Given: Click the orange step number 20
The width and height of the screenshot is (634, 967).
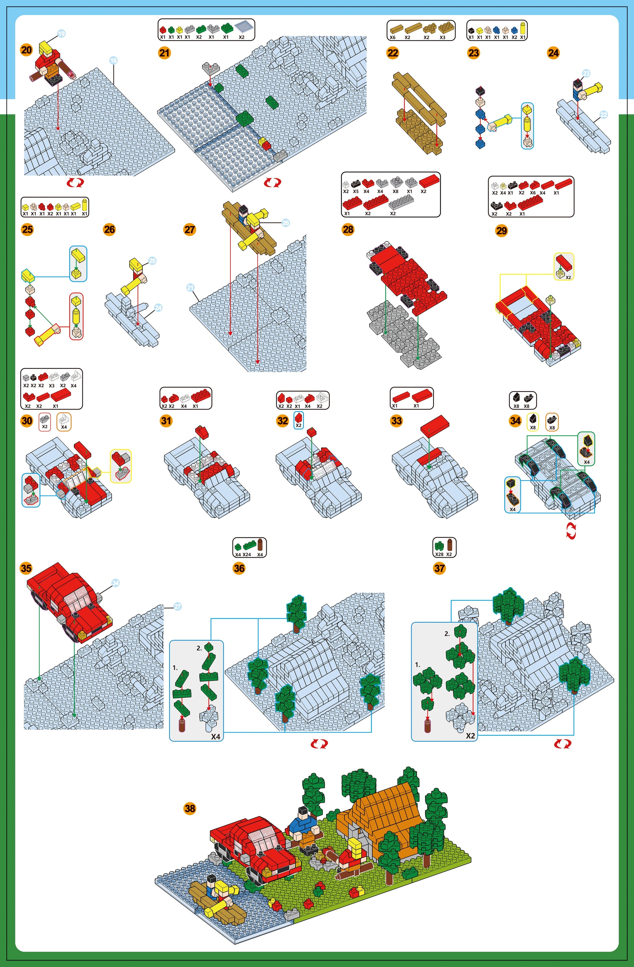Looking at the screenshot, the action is point(26,50).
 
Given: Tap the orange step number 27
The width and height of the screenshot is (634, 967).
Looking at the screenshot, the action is point(190,229).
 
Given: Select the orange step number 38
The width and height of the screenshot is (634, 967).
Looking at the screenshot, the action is point(190,808).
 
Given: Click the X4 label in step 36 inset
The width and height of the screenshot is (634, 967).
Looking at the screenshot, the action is point(216,737).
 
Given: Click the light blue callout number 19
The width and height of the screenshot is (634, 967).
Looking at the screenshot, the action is point(61,34).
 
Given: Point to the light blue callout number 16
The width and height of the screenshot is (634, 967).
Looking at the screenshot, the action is point(113,61).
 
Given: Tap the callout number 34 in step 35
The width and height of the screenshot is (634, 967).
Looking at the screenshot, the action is point(115,583).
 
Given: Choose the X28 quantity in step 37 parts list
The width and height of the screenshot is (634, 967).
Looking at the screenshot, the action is point(439,554).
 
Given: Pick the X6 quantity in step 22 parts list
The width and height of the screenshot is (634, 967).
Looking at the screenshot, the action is point(393,37).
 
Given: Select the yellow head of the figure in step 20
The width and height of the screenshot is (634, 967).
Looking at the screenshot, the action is point(47,49).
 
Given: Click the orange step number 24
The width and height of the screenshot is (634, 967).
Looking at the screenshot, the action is point(553,53).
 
